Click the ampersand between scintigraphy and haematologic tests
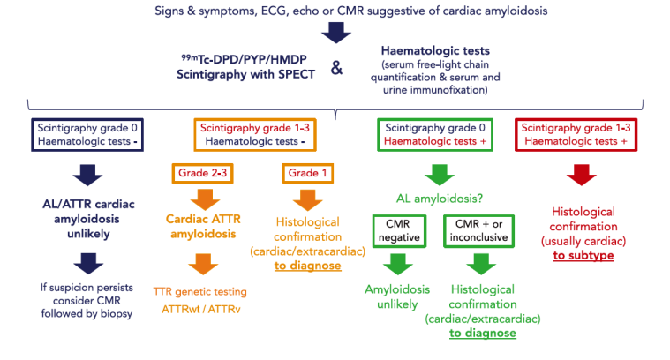336,67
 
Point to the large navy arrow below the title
335,33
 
